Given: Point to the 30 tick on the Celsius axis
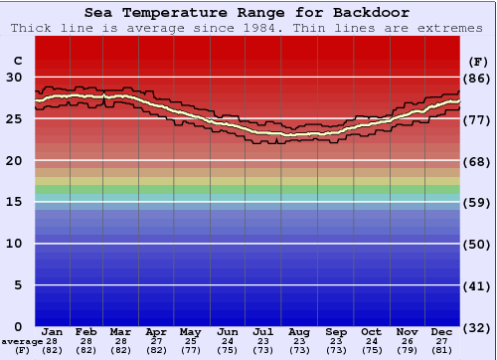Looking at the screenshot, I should pyautogui.click(x=15, y=77).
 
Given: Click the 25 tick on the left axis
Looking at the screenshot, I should pyautogui.click(x=15, y=118).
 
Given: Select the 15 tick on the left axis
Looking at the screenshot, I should pyautogui.click(x=15, y=202).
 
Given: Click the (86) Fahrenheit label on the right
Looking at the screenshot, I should pyautogui.click(x=477, y=78).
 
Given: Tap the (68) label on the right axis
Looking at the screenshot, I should pyautogui.click(x=477, y=161).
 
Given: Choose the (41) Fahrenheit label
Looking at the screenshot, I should pyautogui.click(x=477, y=286).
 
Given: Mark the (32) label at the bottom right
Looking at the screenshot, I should pyautogui.click(x=477, y=328).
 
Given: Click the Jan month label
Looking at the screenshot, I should pyautogui.click(x=53, y=332).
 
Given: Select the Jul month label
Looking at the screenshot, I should pyautogui.click(x=263, y=332).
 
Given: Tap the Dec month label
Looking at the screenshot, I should pyautogui.click(x=442, y=332).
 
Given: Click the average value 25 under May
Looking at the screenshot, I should pyautogui.click(x=189, y=341).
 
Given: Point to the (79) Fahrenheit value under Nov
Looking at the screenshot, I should pyautogui.click(x=407, y=350).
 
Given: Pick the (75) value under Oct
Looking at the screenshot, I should pyautogui.click(x=371, y=350).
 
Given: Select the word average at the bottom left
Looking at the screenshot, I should pyautogui.click(x=21, y=341).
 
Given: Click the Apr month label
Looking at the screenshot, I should pyautogui.click(x=156, y=332).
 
